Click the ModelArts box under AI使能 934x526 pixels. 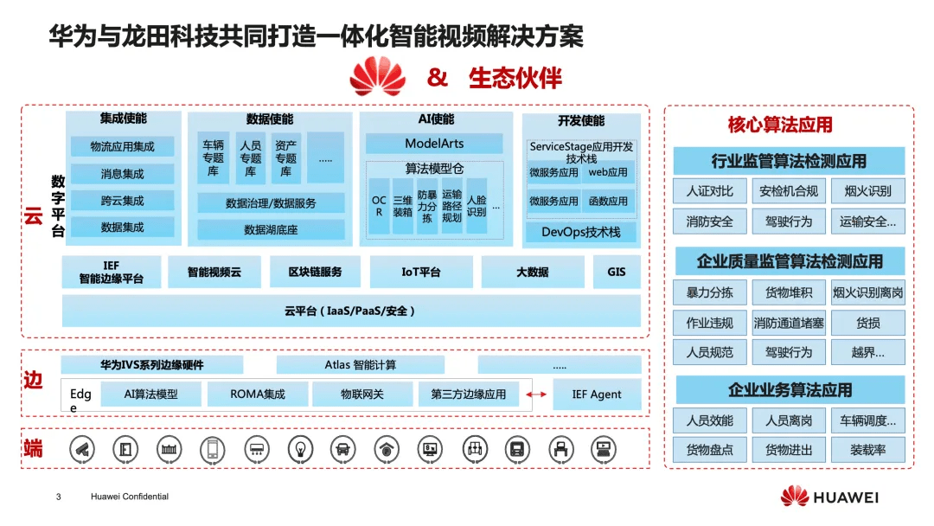(x=434, y=144)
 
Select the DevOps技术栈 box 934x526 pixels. (x=581, y=232)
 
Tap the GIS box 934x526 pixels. (x=617, y=272)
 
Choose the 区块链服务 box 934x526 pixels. (x=315, y=272)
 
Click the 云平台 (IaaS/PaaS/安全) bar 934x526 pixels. (x=350, y=311)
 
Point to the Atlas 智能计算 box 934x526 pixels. (x=361, y=365)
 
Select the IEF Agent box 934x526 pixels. (x=597, y=394)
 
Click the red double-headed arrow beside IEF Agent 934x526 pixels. (x=537, y=395)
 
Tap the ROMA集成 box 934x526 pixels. (x=258, y=394)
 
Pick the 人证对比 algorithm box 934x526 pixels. (x=709, y=191)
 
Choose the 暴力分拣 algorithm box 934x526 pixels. (x=709, y=293)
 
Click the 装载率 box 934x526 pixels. (x=867, y=450)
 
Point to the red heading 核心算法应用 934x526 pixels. (x=780, y=125)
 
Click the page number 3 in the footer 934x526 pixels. (x=59, y=497)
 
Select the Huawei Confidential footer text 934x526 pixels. (x=130, y=497)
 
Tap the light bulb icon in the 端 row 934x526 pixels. (x=299, y=448)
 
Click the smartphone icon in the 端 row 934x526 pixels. (x=212, y=448)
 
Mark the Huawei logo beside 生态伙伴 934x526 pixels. (x=378, y=76)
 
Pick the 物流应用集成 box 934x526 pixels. (x=123, y=147)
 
